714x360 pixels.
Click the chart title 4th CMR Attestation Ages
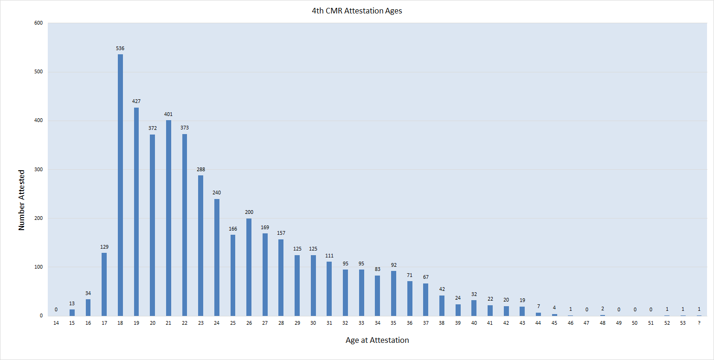coord(357,11)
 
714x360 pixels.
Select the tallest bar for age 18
coord(120,186)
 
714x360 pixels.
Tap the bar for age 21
coord(168,218)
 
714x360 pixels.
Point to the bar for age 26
coord(249,267)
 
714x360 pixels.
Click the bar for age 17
coord(104,284)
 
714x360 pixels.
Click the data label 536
coord(120,48)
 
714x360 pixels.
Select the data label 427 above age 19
coord(136,101)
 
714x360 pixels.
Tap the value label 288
coord(200,169)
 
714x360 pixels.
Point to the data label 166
coord(233,229)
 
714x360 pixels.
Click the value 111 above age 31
coord(329,256)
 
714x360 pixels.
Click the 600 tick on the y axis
coord(39,23)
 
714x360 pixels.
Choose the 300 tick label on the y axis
coord(39,169)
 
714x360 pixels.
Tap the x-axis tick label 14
coord(56,322)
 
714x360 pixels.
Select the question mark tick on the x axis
coord(699,322)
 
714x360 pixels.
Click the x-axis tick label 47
coord(586,322)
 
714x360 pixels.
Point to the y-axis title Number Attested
coord(21,199)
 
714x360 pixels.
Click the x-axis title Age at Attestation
coord(377,340)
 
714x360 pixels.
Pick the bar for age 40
coord(474,308)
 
